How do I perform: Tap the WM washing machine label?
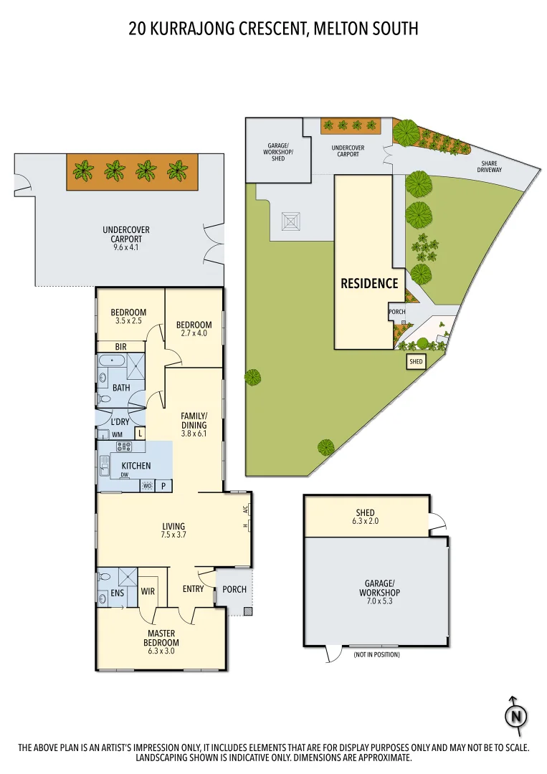[117, 435]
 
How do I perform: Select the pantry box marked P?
[164, 486]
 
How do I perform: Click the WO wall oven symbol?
[148, 486]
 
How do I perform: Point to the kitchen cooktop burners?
[124, 447]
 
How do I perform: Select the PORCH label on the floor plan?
[234, 589]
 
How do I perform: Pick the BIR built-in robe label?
[120, 346]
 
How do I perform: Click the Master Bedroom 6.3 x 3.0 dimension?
[162, 643]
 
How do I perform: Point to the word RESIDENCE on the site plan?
[369, 283]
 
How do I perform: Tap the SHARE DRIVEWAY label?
[490, 166]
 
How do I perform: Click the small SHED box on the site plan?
[416, 363]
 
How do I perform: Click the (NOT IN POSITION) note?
[376, 655]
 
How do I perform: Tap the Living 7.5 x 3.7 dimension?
[173, 535]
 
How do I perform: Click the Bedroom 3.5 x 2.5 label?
[128, 321]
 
